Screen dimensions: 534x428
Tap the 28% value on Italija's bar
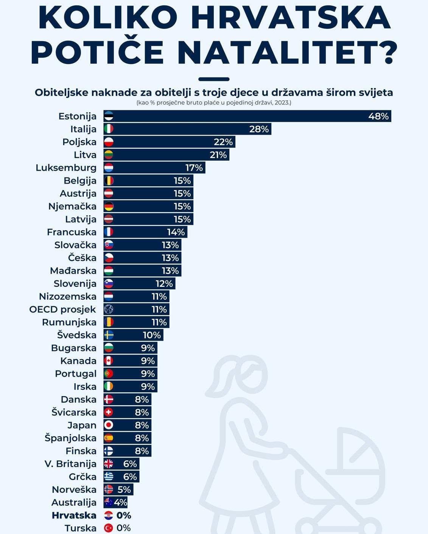pyautogui.click(x=259, y=129)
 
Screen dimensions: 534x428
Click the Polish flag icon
pyautogui.click(x=109, y=142)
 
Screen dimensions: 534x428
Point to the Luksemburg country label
pyautogui.click(x=66, y=168)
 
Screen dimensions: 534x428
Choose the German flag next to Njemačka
pyautogui.click(x=109, y=206)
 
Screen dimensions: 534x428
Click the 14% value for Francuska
pyautogui.click(x=176, y=232)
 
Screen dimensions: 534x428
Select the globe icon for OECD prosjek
pyautogui.click(x=109, y=309)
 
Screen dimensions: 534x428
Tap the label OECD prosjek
pyautogui.click(x=63, y=310)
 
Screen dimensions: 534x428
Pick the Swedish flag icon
pyautogui.click(x=109, y=335)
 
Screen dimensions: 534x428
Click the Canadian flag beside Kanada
pyautogui.click(x=109, y=361)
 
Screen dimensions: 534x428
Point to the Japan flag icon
pyautogui.click(x=109, y=425)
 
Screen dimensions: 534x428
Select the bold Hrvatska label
pyautogui.click(x=74, y=515)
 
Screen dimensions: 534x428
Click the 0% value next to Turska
pyautogui.click(x=124, y=528)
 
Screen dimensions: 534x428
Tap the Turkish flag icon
pyautogui.click(x=109, y=528)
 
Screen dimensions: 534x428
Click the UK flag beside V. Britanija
pyautogui.click(x=109, y=464)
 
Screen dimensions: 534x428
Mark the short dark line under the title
pyautogui.click(x=214, y=79)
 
